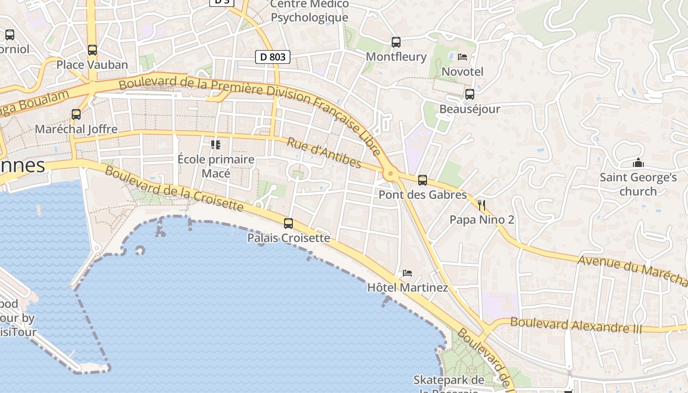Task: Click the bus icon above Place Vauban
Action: (x=92, y=50)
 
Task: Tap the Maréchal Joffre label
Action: (x=76, y=129)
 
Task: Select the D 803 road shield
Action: (x=273, y=57)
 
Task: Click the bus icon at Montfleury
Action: (x=396, y=42)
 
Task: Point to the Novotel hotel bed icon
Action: (x=462, y=57)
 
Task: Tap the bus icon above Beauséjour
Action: (x=470, y=94)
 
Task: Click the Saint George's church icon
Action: (x=638, y=163)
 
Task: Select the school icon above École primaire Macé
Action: (x=216, y=144)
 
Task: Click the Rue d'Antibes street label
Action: (x=324, y=153)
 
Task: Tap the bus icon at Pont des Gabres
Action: (x=423, y=180)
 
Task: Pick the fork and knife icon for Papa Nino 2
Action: (x=482, y=205)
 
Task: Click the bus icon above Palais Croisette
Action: (x=288, y=224)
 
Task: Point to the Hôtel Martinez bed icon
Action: (x=407, y=273)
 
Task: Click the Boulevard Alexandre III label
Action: (x=576, y=325)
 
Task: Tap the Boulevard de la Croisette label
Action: (x=174, y=189)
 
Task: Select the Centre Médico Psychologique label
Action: (x=310, y=11)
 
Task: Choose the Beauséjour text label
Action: (x=470, y=109)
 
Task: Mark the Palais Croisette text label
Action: (x=288, y=238)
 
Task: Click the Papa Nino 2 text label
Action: (x=482, y=220)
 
